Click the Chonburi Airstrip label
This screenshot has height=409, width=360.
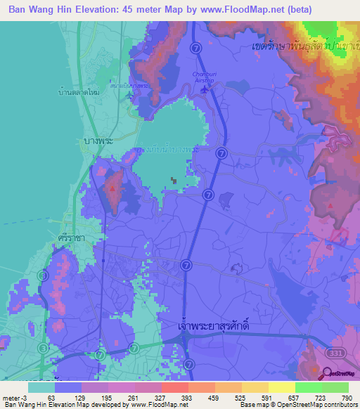(205, 79)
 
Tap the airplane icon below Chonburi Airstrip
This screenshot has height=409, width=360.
(205, 89)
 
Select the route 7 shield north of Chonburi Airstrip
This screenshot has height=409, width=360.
(196, 48)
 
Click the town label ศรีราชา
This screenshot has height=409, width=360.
(72, 238)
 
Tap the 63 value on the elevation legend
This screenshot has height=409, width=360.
(51, 397)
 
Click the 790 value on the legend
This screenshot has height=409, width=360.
(347, 397)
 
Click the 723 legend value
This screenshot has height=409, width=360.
(324, 397)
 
